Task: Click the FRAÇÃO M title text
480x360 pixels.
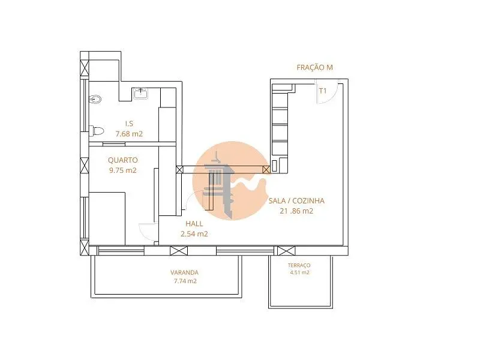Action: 314,67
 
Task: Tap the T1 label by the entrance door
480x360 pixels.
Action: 323,91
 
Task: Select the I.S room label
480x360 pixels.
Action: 129,124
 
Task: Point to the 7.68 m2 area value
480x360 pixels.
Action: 129,134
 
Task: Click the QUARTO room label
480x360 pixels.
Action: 123,160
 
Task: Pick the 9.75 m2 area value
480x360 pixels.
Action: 123,170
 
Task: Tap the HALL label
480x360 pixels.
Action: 194,224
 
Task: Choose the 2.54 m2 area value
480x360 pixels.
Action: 194,234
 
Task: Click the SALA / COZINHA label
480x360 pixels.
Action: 296,201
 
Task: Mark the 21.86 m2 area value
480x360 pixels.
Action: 296,211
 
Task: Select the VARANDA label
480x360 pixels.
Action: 184,272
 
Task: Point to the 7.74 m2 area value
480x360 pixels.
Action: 185,281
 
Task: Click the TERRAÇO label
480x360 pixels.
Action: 299,265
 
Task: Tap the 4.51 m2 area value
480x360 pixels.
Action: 299,272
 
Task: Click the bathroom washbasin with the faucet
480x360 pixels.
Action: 141,93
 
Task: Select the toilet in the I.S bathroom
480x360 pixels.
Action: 97,131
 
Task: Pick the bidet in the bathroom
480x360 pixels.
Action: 95,99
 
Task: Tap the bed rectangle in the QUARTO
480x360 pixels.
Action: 107,218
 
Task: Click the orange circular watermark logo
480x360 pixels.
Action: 230,181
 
